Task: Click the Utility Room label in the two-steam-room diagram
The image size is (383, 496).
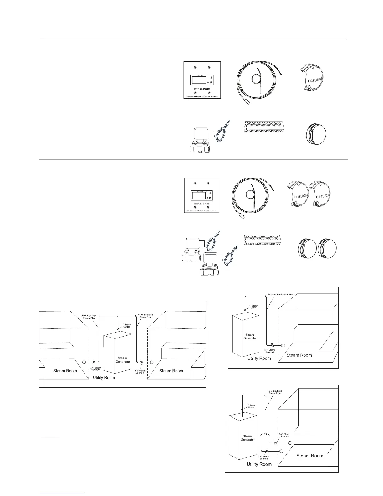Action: [104, 378]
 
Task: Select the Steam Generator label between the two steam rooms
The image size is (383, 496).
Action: [123, 360]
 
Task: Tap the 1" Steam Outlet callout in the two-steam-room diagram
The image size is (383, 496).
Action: [128, 326]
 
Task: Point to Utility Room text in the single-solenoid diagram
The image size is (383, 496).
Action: [259, 358]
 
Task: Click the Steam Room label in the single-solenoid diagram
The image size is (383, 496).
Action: [299, 355]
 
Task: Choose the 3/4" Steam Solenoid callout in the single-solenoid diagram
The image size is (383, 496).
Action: [269, 351]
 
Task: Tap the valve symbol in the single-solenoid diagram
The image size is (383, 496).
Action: [272, 345]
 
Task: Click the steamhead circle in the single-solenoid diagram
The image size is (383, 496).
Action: [283, 345]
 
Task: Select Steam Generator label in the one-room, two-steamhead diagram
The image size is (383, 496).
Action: [248, 438]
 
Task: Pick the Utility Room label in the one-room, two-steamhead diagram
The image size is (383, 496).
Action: [259, 464]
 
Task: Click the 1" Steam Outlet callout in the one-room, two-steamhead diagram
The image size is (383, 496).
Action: [251, 406]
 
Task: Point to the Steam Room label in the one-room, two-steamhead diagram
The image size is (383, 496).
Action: [309, 456]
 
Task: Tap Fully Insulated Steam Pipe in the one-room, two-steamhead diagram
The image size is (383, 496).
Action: [274, 392]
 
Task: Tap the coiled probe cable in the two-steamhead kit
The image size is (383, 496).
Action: [254, 196]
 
